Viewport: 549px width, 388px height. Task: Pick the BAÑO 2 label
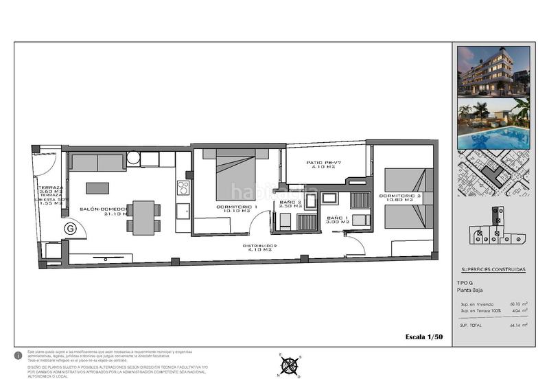[290, 205]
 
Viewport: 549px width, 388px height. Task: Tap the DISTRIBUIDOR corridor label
[259, 248]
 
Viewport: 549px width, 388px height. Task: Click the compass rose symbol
[290, 364]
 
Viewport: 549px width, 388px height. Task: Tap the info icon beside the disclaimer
[18, 356]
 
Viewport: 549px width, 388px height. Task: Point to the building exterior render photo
[493, 71]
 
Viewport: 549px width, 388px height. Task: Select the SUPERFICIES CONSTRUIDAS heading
[493, 270]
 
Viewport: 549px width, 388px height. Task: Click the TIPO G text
[465, 283]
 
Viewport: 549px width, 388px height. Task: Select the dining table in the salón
[143, 217]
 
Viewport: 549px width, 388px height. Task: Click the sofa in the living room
[97, 163]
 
